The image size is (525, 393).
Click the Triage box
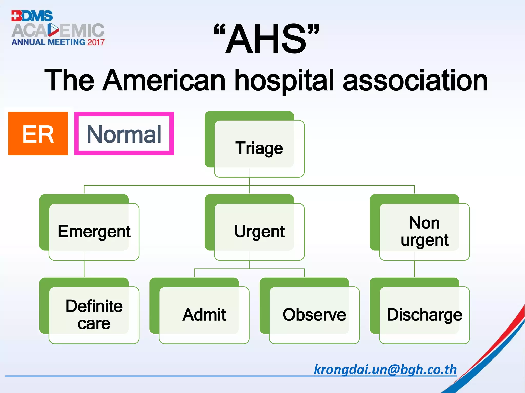259,148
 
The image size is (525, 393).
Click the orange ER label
38,134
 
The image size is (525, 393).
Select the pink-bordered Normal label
124,134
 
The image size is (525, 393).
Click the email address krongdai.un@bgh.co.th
385,369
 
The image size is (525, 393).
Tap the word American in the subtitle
164,81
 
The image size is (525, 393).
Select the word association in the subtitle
415,81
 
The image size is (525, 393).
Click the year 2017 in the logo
96,42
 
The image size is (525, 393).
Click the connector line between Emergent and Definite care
84,269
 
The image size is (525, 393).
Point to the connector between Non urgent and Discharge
415,269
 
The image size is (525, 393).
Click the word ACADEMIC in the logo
58,30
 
